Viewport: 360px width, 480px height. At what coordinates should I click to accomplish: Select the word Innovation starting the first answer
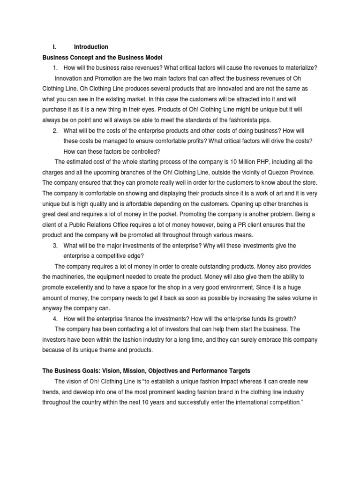point(70,78)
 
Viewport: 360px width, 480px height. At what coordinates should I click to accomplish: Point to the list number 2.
point(55,130)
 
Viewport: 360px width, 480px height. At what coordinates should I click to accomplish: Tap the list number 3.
point(55,246)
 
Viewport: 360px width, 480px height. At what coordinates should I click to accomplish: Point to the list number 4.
point(55,319)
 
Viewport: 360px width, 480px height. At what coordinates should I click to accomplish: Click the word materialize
point(300,68)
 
